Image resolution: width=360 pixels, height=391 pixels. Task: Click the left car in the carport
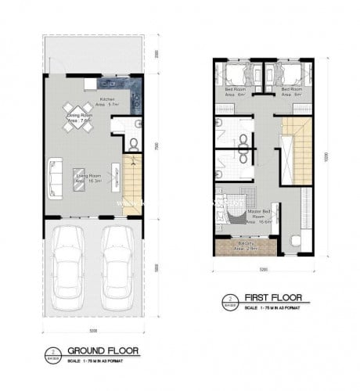[70, 264]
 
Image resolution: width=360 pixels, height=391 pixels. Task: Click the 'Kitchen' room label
[106, 100]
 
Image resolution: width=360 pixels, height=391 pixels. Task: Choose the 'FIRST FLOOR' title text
[266, 297]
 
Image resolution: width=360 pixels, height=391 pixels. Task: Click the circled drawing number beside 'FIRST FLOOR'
[228, 300]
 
